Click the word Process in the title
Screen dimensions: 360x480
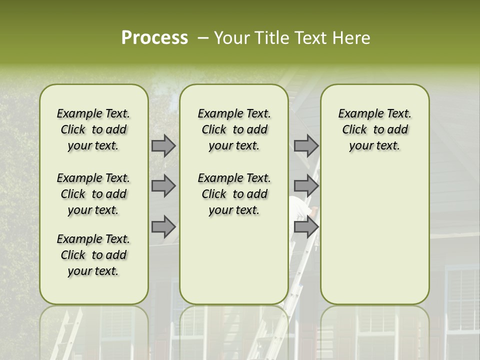point(154,38)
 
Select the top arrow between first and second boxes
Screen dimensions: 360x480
point(163,145)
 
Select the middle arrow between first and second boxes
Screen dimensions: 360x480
point(163,186)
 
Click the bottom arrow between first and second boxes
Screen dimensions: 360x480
point(163,227)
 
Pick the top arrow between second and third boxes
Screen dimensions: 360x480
point(306,145)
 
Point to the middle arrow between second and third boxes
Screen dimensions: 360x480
point(306,186)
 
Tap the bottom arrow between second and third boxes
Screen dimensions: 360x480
point(306,227)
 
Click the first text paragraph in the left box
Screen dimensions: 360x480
point(93,129)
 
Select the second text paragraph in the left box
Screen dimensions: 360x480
point(93,194)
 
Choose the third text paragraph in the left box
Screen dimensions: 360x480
point(93,255)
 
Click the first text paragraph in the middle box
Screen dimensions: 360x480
point(234,129)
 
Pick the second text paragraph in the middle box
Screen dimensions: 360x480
point(234,194)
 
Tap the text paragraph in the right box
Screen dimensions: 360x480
point(374,129)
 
